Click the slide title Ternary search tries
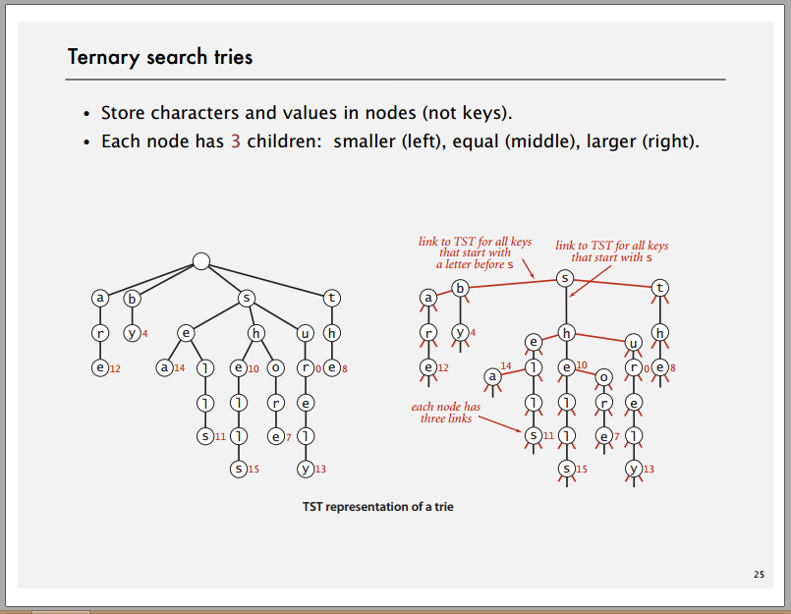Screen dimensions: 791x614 (x=160, y=57)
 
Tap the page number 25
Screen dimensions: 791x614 (x=758, y=574)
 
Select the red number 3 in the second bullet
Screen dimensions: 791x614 (x=236, y=141)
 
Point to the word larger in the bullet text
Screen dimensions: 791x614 (x=610, y=141)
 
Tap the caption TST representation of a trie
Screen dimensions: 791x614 (x=377, y=507)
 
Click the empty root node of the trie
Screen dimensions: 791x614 (x=200, y=261)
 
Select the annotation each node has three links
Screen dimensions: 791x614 (x=447, y=412)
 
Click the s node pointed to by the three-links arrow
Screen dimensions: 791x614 (x=533, y=434)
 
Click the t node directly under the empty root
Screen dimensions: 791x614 (x=332, y=297)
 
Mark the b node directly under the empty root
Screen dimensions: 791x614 (x=132, y=297)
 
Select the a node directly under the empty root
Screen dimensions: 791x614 (x=99, y=297)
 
